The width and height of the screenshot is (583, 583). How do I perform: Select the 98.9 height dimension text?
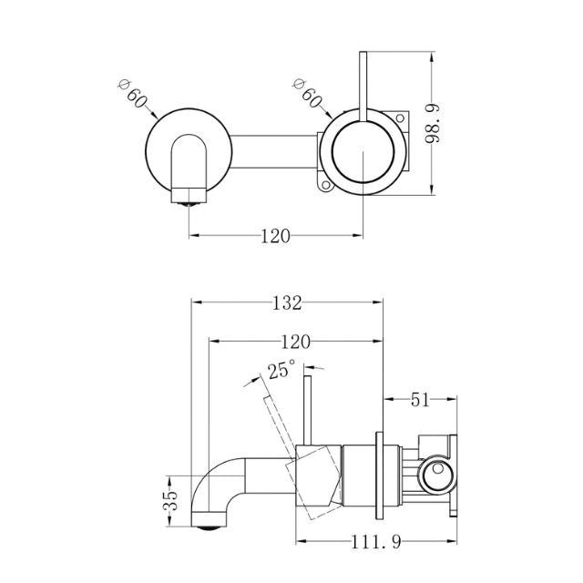tap(441, 124)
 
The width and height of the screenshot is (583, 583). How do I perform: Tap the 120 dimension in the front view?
tap(275, 236)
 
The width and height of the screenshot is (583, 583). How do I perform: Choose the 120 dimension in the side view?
tap(295, 342)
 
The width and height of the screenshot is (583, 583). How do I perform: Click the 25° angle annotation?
tap(281, 370)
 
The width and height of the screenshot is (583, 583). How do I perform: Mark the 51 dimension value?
tap(421, 399)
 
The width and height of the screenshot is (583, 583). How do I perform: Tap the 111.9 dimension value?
tap(374, 543)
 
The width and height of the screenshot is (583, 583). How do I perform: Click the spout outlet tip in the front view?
tap(189, 198)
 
